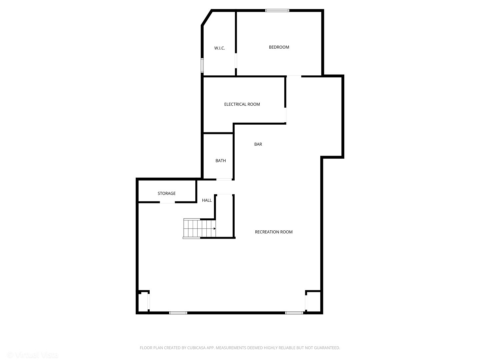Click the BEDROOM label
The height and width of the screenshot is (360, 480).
(279, 47)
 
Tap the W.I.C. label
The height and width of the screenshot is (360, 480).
(219, 48)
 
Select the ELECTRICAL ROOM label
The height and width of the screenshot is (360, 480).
(242, 104)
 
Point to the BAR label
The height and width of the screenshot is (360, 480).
(258, 144)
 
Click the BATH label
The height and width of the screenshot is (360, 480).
(221, 161)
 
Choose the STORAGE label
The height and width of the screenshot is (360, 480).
(167, 193)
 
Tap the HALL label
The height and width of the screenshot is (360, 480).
(207, 200)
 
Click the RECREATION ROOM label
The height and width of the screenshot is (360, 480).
(274, 232)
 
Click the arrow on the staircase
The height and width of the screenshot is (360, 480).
(214, 229)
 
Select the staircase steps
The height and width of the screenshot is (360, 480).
(199, 228)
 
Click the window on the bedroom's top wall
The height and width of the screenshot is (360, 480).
(277, 11)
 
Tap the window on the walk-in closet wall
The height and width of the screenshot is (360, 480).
(202, 65)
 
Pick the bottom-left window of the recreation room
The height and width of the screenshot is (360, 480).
(178, 313)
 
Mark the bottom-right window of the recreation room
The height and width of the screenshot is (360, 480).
(294, 313)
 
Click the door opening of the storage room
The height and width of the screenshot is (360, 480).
(167, 202)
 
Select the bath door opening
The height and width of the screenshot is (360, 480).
(224, 180)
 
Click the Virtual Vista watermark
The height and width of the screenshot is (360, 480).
(33, 355)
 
